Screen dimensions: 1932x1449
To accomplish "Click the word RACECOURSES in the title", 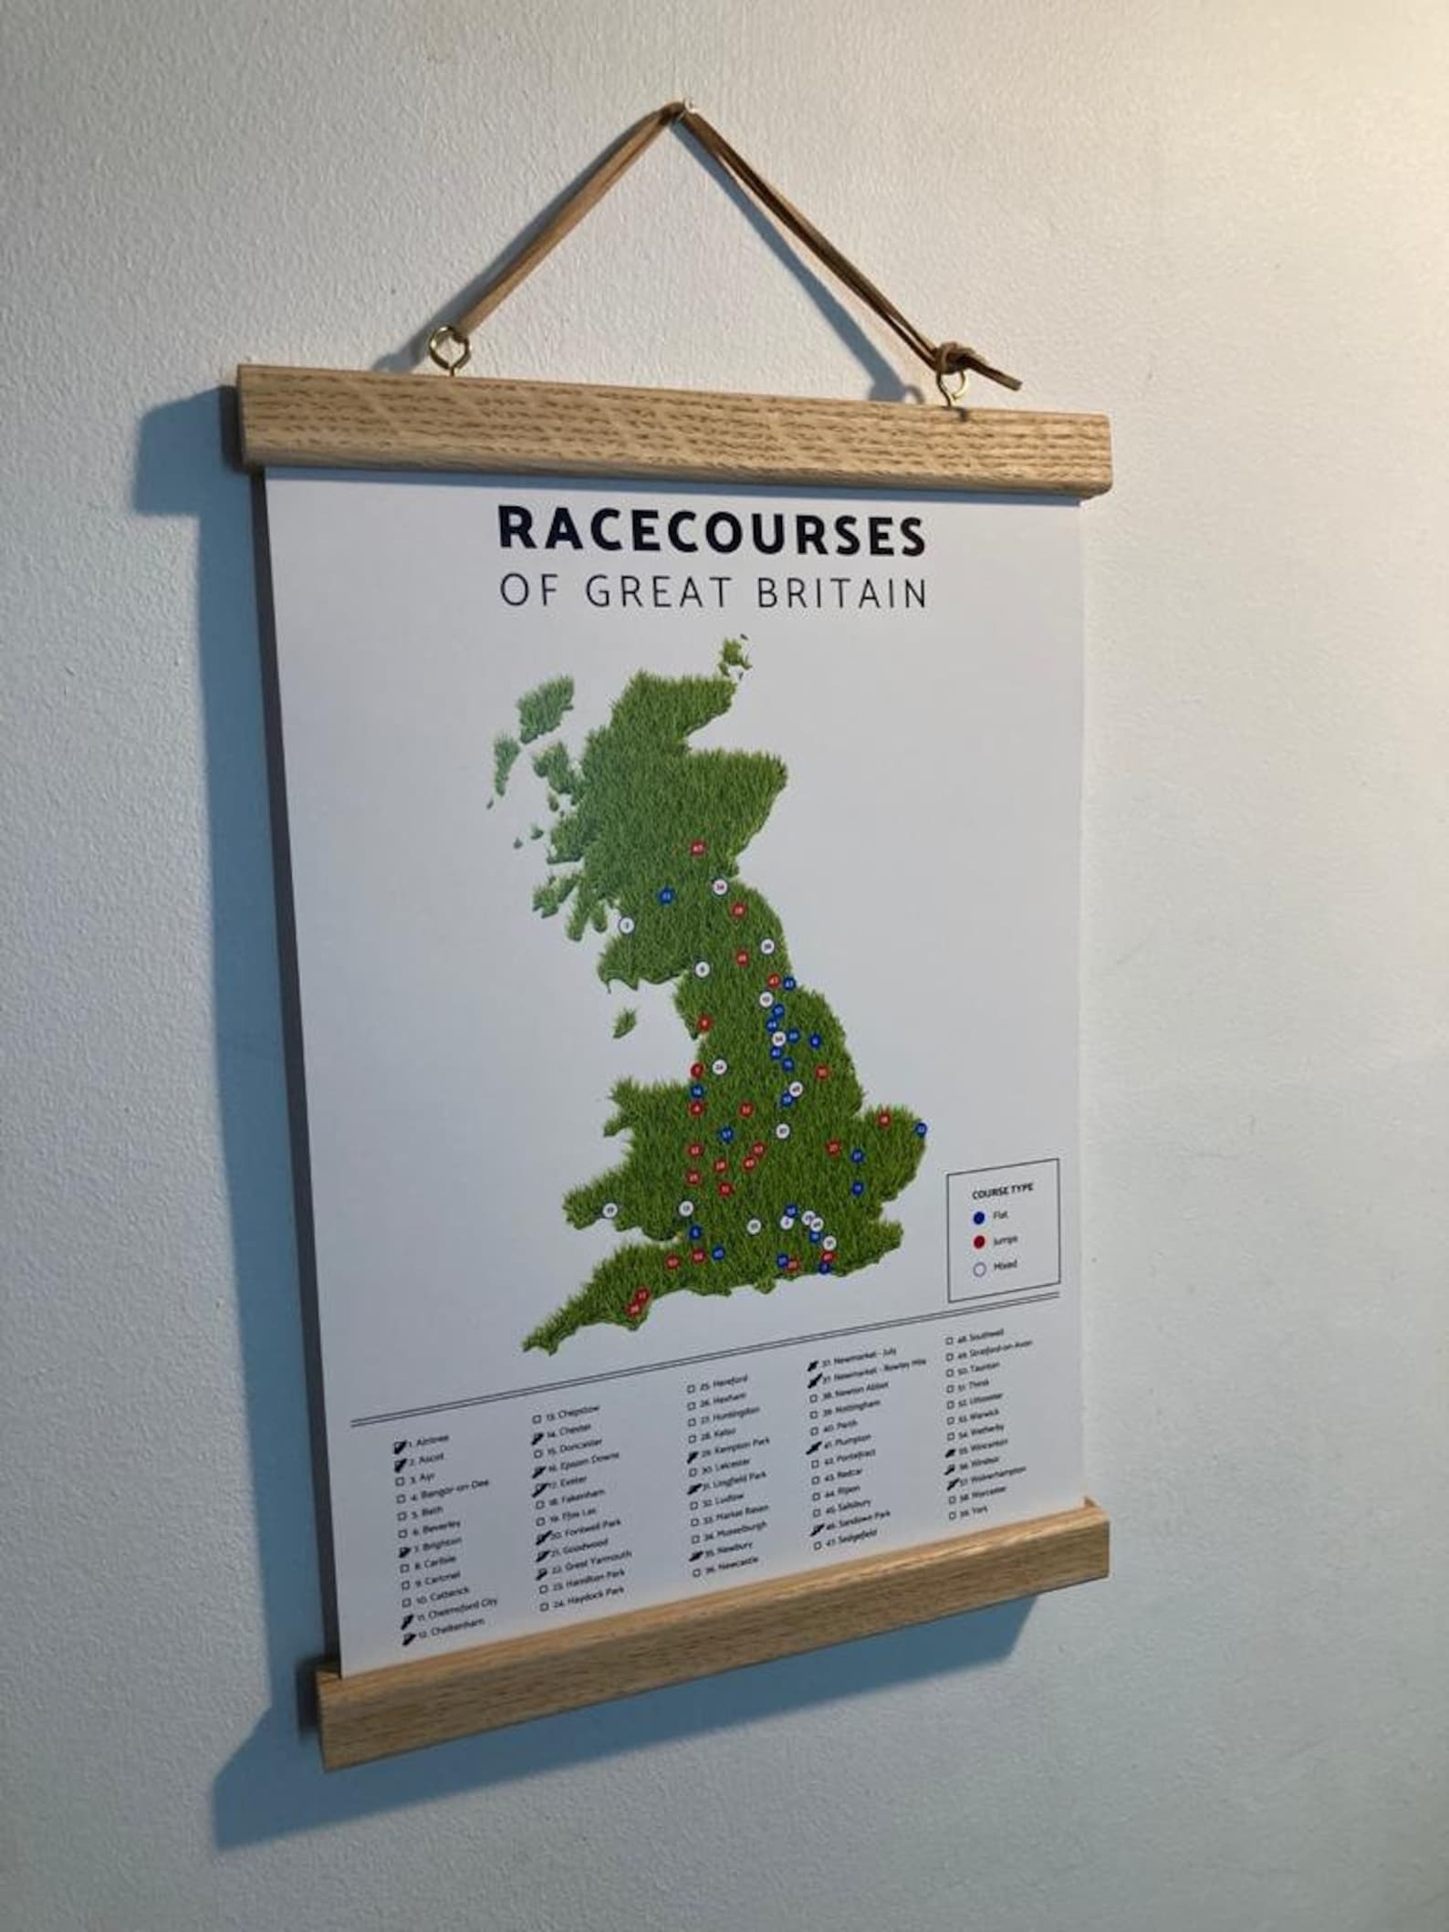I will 711,533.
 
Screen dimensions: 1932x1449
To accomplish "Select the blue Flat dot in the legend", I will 978,1217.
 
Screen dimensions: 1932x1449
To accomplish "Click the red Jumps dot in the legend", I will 978,1242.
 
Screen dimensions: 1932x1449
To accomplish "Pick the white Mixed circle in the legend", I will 979,1269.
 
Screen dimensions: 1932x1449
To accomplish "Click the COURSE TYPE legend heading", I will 1002,1192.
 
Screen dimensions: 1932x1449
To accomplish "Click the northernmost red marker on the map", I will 698,849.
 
